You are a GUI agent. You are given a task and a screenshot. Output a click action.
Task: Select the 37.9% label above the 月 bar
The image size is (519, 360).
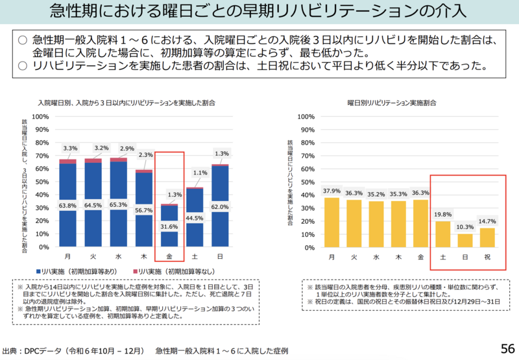332,191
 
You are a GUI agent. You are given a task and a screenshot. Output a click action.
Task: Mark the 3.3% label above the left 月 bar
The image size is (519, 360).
70,149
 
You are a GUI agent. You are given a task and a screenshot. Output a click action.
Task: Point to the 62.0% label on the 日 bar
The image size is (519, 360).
221,207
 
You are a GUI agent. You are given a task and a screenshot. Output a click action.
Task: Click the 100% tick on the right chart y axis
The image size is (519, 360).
305,117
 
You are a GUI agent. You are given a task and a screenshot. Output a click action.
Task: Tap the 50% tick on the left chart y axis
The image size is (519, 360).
40,182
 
